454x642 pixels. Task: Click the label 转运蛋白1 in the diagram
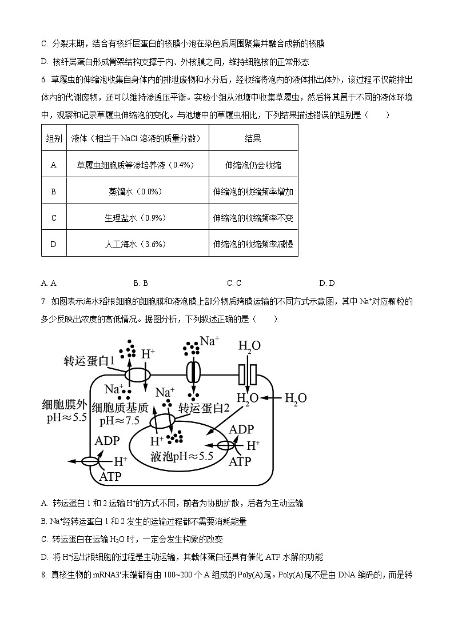coord(89,361)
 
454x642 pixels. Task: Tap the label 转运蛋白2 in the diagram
coord(204,408)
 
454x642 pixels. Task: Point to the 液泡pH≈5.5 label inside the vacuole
coord(181,456)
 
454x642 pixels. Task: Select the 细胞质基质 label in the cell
coord(124,408)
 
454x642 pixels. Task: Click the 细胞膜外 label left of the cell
coord(65,404)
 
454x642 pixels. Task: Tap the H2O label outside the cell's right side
coord(295,398)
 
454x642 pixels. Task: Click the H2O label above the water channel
coord(249,346)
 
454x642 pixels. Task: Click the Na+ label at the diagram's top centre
coord(209,341)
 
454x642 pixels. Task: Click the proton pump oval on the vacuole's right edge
coord(225,445)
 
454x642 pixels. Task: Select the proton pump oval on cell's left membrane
coord(90,461)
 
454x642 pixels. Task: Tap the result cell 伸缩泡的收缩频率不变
coord(253,218)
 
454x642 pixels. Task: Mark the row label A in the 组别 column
coord(54,165)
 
